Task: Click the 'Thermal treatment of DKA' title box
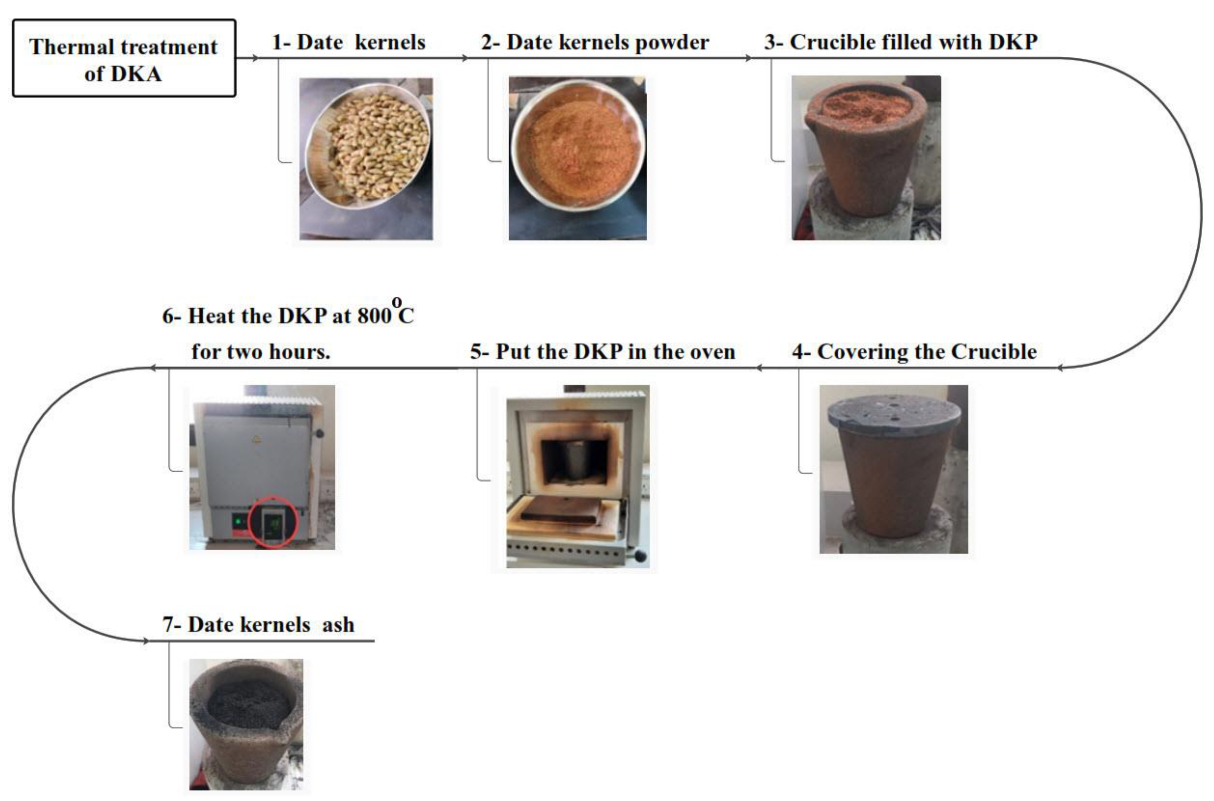click(x=124, y=58)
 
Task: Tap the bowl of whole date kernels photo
click(x=366, y=159)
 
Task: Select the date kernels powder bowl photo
click(x=577, y=158)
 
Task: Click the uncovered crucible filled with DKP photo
click(x=866, y=158)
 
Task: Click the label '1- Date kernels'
click(x=349, y=42)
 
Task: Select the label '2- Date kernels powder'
click(x=595, y=42)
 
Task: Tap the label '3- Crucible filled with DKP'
click(x=901, y=42)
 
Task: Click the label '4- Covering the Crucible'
click(x=914, y=352)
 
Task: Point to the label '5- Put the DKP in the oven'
click(x=602, y=352)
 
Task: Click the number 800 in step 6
click(x=374, y=316)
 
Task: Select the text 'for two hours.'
click(x=261, y=352)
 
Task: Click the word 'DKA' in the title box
click(x=136, y=74)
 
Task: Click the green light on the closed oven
click(x=238, y=522)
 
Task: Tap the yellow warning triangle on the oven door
click(x=255, y=438)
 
